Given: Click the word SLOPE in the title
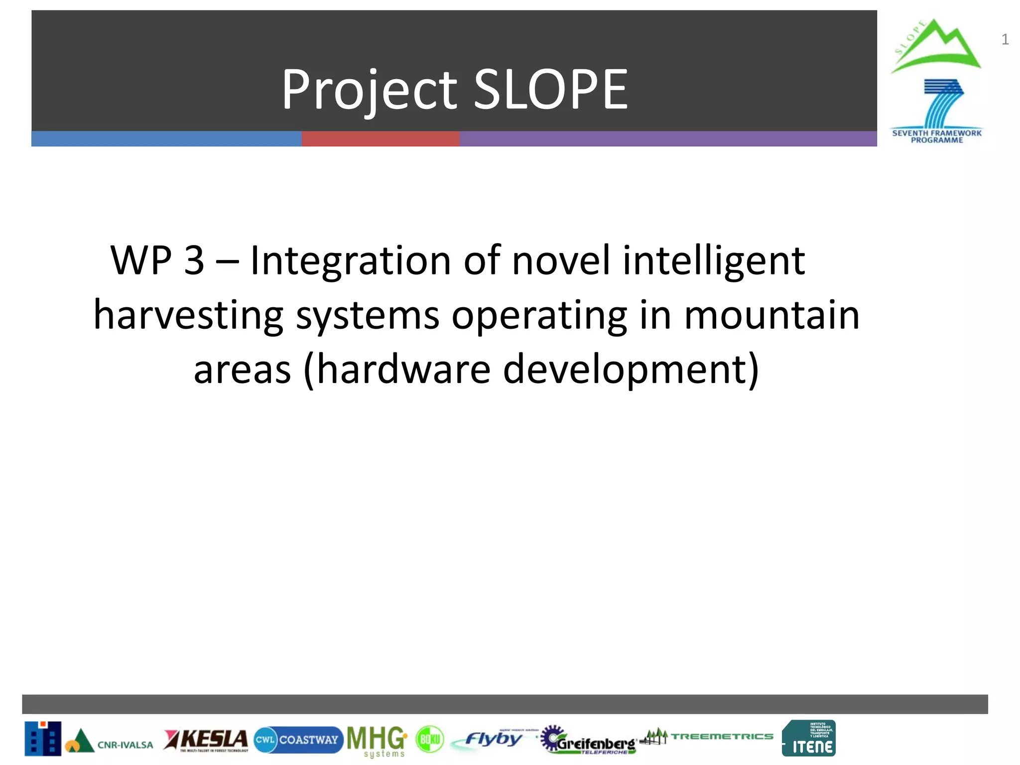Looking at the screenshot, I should (x=550, y=90).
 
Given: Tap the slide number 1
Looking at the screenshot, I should (x=1005, y=40).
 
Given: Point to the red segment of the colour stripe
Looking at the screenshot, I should (x=380, y=139).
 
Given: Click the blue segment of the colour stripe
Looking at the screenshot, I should (x=166, y=139).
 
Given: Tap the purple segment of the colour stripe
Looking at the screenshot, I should (x=667, y=139).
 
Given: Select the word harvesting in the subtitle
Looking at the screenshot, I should (x=188, y=316).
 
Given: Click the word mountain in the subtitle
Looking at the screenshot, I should (x=771, y=316).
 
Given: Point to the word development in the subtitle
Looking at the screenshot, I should (x=630, y=370).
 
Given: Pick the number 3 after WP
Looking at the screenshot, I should (x=194, y=261).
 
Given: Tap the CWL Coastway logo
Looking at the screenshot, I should (x=298, y=740).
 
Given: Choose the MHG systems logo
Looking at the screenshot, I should (x=377, y=741).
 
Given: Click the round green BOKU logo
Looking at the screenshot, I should (x=429, y=740).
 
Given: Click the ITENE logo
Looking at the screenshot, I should (x=809, y=739).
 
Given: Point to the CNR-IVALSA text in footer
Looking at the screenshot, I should (x=125, y=745).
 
